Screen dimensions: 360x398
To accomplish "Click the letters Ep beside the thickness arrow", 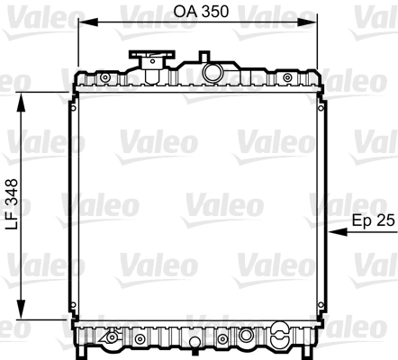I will [x=360, y=219].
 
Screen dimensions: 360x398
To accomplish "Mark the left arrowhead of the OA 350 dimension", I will [x=82, y=25].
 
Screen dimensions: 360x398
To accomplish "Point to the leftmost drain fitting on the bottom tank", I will [x=111, y=339].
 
